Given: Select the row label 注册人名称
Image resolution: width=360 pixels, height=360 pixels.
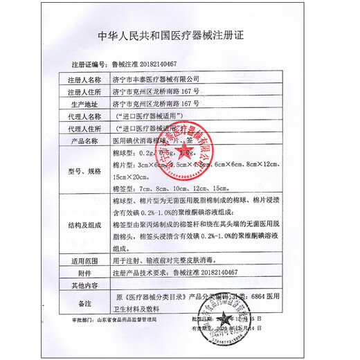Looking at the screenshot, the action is [x=84, y=80].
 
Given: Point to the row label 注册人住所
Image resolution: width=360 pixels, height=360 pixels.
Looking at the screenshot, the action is [x=84, y=91].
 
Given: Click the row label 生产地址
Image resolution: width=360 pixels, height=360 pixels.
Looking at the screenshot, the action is [x=84, y=102].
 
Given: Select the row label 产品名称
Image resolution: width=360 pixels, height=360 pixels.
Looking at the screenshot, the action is [x=84, y=140].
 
